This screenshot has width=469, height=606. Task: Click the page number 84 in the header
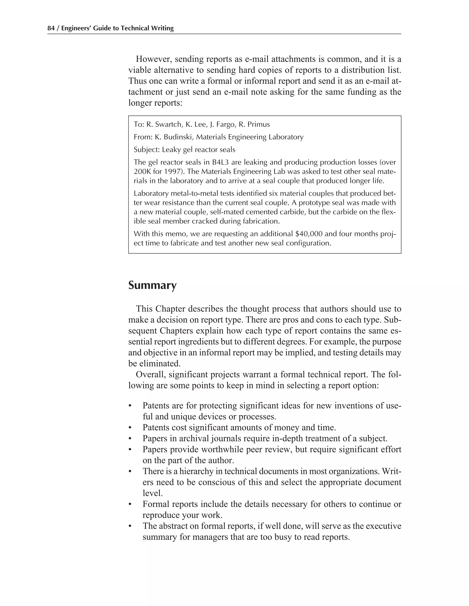tap(51, 28)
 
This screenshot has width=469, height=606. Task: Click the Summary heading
tap(152, 285)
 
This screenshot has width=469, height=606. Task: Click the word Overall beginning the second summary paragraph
tap(151, 375)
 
